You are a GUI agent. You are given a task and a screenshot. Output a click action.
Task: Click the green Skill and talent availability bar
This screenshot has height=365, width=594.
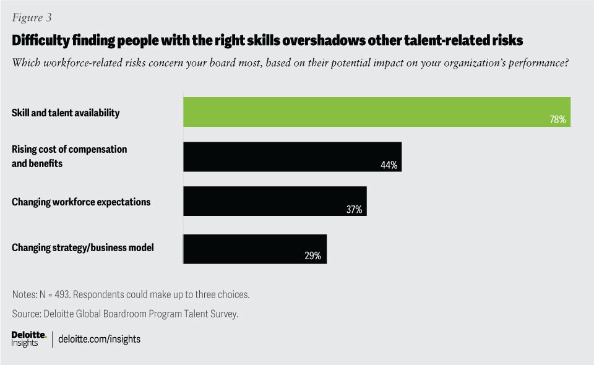click(376, 112)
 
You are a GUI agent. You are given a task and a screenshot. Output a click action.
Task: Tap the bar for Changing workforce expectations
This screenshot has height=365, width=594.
click(275, 200)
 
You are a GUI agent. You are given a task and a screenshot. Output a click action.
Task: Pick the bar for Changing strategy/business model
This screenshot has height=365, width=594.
click(255, 248)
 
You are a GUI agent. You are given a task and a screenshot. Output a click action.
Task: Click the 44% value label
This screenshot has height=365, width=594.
click(389, 165)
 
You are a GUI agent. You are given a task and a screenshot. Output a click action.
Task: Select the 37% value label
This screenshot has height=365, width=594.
click(354, 210)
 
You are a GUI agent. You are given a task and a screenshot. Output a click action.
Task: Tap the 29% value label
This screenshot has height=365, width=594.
click(313, 256)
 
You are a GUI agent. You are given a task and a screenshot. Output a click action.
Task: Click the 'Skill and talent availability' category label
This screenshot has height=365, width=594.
click(66, 113)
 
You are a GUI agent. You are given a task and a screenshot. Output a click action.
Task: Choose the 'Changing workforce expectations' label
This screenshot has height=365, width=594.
click(81, 202)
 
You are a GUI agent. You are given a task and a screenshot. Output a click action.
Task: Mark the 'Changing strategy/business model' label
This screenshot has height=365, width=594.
click(83, 248)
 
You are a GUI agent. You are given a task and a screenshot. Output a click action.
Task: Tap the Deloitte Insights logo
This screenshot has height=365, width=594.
click(29, 338)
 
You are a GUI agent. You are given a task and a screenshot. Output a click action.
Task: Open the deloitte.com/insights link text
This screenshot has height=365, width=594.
click(100, 339)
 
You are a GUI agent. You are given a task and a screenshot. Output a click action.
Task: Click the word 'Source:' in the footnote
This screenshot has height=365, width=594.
click(27, 314)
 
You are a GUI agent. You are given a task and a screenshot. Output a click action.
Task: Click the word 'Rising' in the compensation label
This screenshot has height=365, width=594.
click(26, 150)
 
